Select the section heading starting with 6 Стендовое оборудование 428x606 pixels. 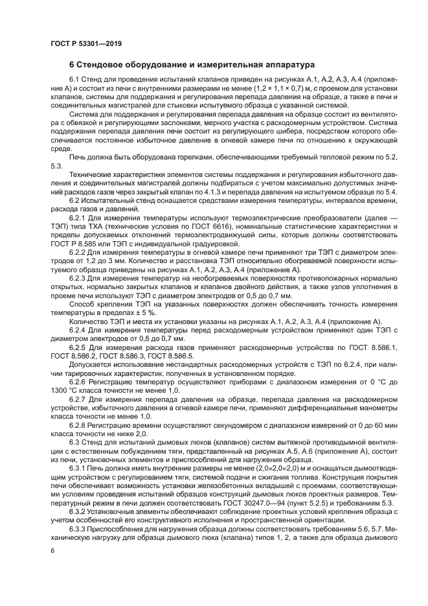(x=192, y=65)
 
